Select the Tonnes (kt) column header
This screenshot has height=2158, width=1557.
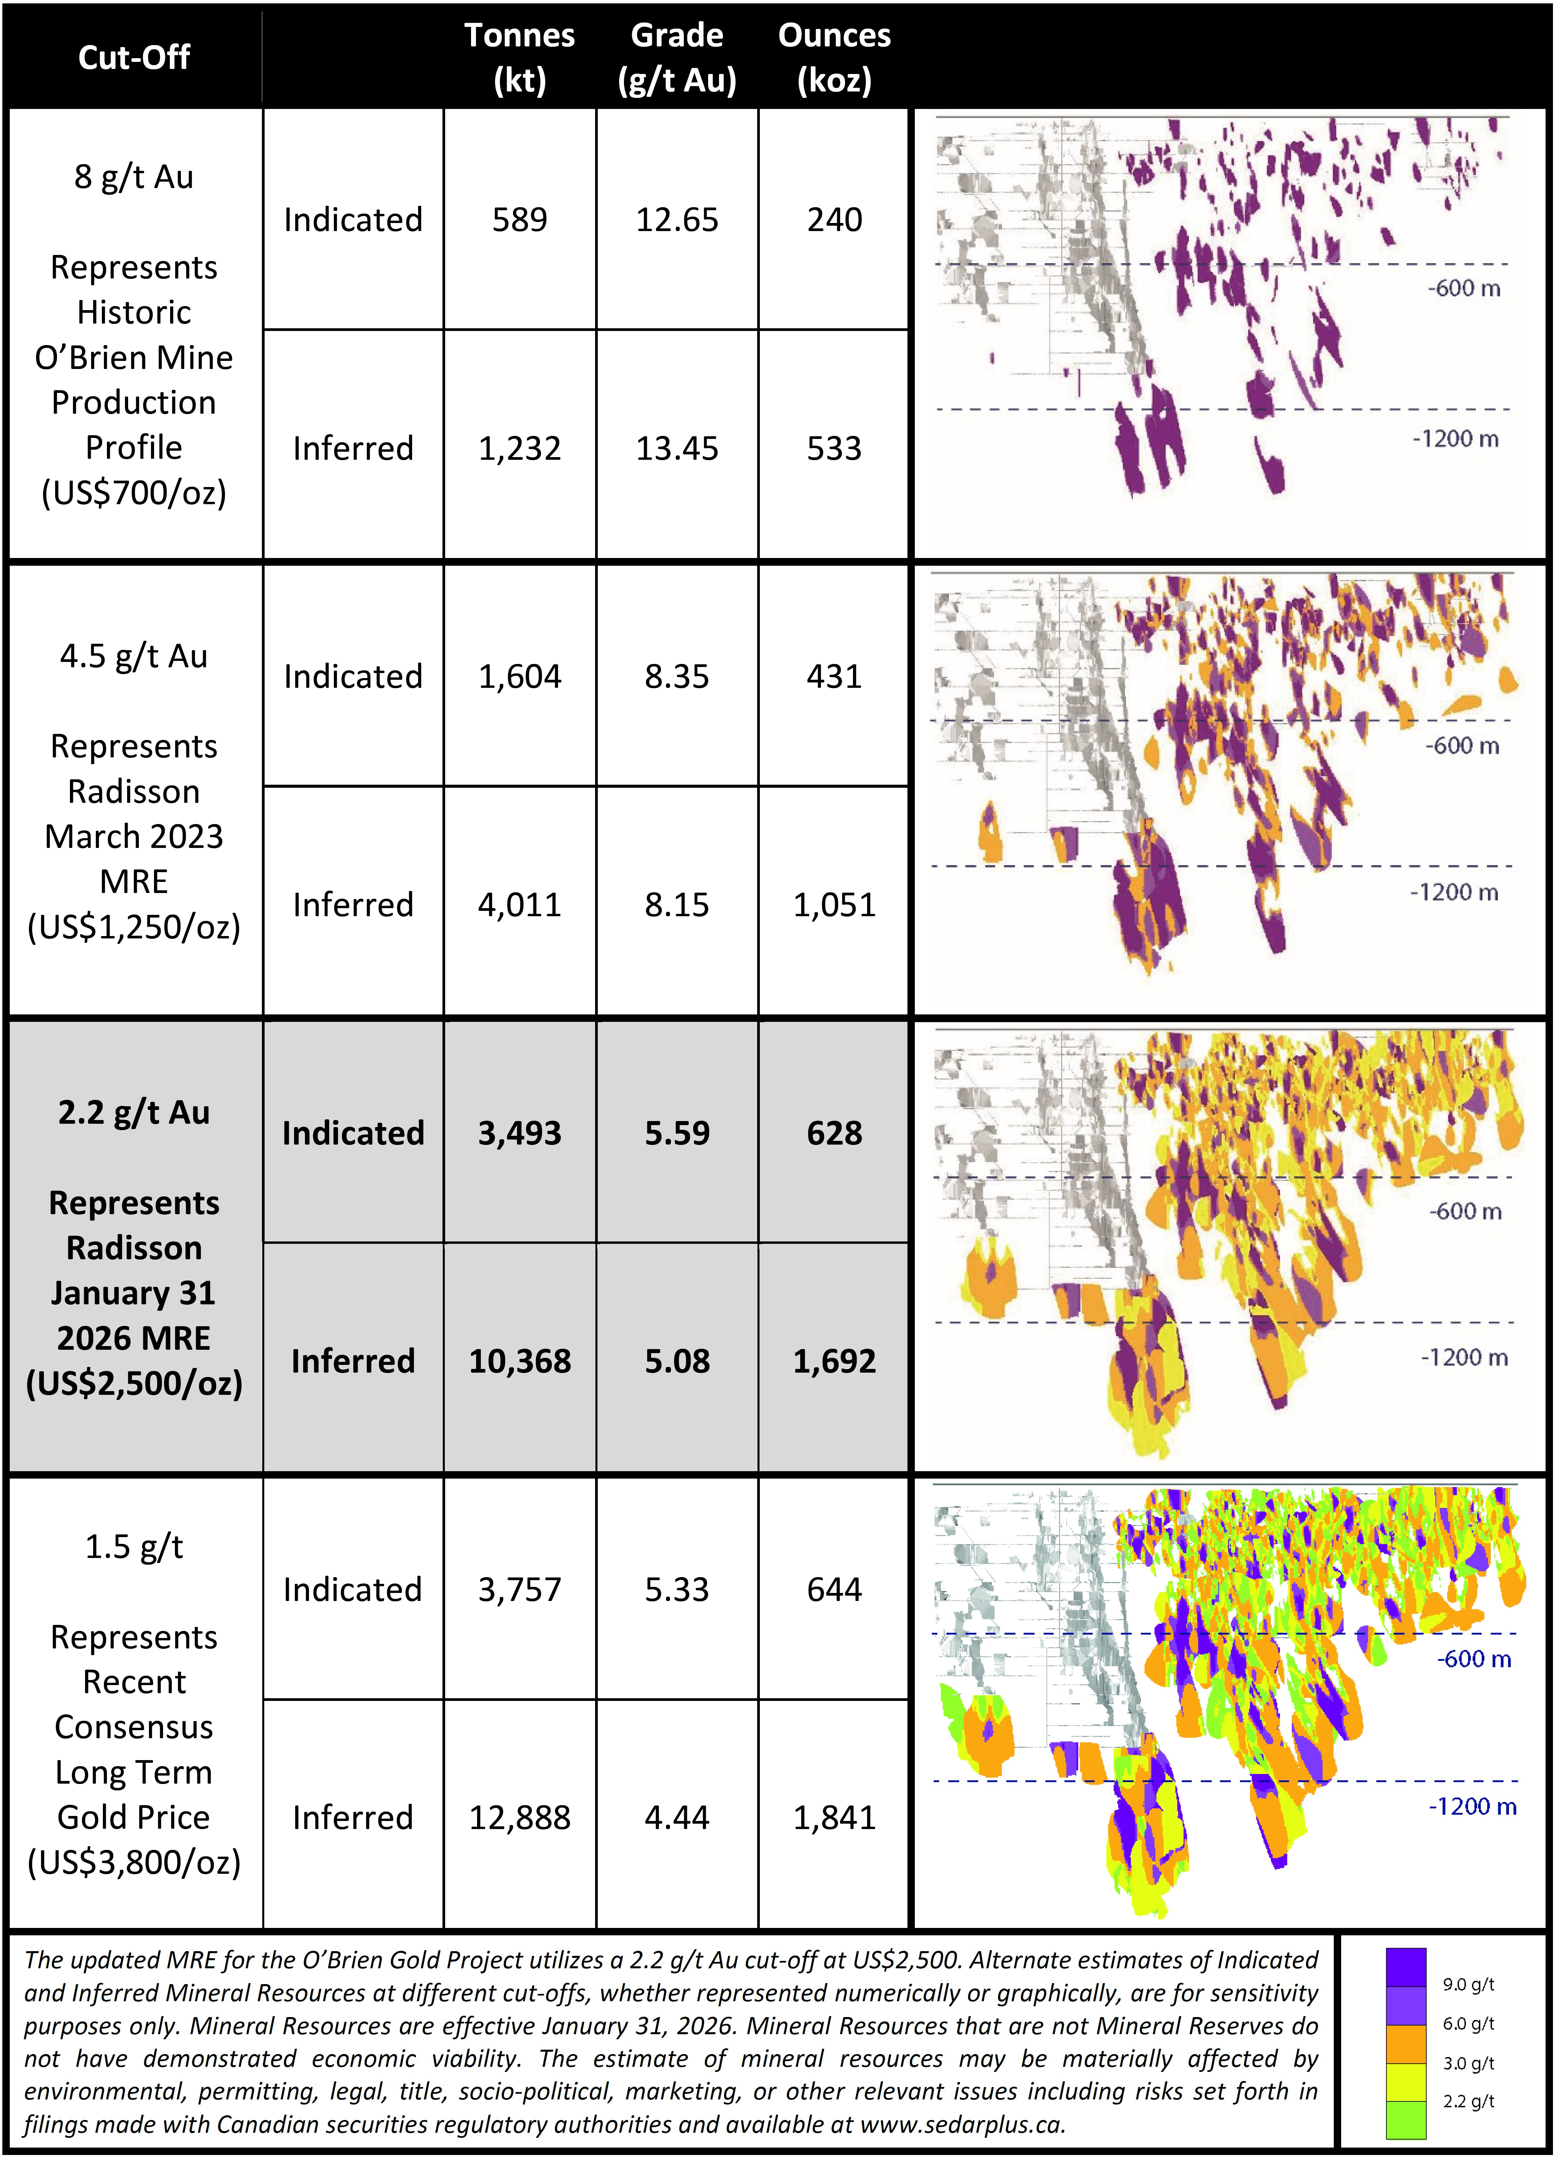pos(519,57)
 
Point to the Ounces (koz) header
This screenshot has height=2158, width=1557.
pos(834,57)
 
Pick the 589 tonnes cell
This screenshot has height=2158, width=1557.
pos(519,220)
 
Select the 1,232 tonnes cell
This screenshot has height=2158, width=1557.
pos(519,448)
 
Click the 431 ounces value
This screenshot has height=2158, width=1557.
pos(834,676)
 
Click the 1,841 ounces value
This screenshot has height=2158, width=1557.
pos(834,1817)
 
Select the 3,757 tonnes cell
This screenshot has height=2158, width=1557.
pos(519,1590)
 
